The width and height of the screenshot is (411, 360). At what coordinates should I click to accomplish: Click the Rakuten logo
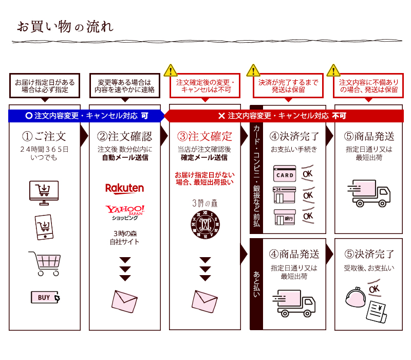click(x=124, y=188)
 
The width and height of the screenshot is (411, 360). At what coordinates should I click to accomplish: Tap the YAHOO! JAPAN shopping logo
click(x=125, y=212)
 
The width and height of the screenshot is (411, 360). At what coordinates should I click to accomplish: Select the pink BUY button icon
click(x=45, y=297)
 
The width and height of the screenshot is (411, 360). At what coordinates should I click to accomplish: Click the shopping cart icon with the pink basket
click(x=45, y=263)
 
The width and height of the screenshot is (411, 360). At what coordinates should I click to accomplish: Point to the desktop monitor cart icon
click(x=44, y=193)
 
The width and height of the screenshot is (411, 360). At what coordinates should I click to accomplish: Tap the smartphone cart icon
click(x=44, y=227)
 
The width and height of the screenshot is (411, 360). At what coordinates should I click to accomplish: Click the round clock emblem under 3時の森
click(x=205, y=225)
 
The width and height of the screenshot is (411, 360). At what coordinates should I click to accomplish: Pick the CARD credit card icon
click(x=285, y=173)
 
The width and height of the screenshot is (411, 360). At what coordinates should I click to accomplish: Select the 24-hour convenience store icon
click(x=285, y=195)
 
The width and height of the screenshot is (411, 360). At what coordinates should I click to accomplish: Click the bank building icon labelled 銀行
click(x=285, y=217)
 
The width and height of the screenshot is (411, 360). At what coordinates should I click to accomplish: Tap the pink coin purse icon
click(x=356, y=297)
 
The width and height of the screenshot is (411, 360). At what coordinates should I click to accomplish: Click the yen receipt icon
click(x=377, y=312)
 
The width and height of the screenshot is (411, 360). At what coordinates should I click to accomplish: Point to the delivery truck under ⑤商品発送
click(x=369, y=193)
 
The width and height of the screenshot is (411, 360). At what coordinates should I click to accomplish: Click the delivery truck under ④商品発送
click(x=294, y=303)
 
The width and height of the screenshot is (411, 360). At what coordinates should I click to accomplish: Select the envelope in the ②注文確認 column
click(x=124, y=301)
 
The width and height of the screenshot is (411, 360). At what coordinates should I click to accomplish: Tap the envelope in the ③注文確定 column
click(x=204, y=301)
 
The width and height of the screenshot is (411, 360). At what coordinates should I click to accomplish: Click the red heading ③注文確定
click(x=204, y=136)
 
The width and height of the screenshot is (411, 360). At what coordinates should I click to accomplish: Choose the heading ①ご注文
click(x=44, y=136)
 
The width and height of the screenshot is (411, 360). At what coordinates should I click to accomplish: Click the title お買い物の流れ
click(x=65, y=27)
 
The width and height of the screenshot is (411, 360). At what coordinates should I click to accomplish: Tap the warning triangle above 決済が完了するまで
click(x=253, y=70)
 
